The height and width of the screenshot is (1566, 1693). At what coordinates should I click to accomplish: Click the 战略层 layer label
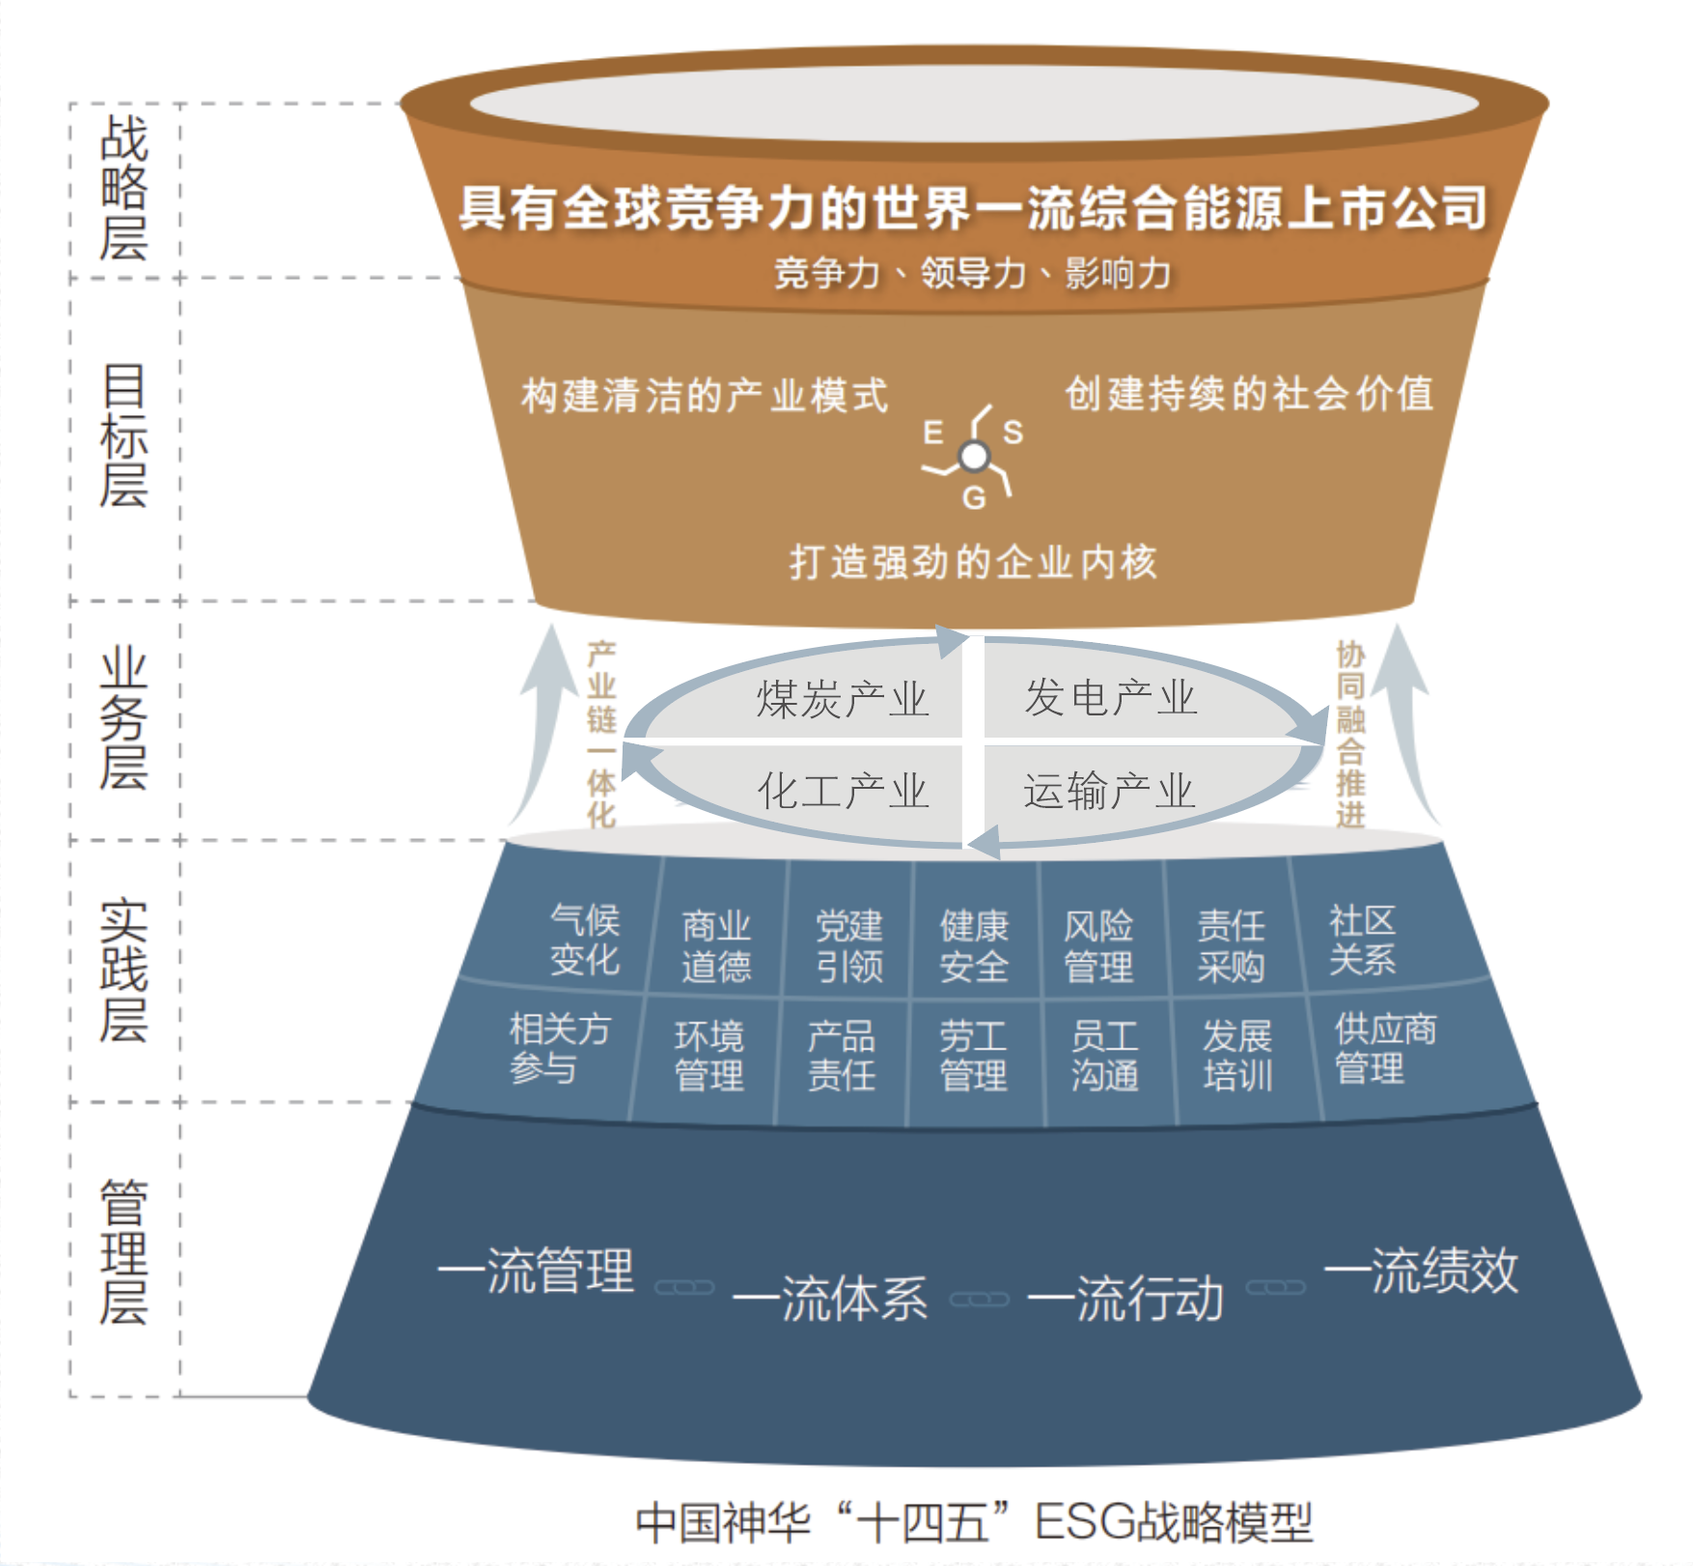[x=124, y=188]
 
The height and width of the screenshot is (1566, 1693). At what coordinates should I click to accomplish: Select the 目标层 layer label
[x=124, y=436]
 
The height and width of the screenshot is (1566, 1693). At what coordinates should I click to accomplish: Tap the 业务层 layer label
[x=124, y=718]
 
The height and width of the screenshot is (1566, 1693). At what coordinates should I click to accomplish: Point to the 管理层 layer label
[x=124, y=1251]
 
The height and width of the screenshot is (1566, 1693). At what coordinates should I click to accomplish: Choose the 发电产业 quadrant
[x=1110, y=697]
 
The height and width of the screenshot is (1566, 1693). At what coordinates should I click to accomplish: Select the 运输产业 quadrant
[x=1110, y=791]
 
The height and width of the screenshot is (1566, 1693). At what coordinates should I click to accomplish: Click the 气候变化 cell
[x=585, y=939]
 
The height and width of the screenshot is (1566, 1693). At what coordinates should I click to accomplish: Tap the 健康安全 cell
[x=974, y=946]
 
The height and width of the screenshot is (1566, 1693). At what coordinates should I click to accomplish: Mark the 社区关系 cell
[x=1362, y=939]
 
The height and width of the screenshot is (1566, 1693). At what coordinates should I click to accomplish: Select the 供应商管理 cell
[x=1384, y=1049]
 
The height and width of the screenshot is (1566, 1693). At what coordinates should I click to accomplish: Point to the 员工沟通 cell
[x=1105, y=1055]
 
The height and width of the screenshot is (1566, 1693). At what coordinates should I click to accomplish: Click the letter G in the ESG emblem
[x=973, y=498]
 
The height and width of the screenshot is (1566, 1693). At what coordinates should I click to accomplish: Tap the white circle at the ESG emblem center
[x=975, y=456]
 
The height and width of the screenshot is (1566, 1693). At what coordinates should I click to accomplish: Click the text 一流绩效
[x=1421, y=1271]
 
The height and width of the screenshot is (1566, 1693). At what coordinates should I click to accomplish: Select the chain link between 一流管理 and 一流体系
[x=684, y=1288]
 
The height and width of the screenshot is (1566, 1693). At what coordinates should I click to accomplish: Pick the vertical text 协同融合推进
[x=1350, y=734]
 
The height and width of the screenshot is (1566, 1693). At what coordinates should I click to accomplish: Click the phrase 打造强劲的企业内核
[x=973, y=562]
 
